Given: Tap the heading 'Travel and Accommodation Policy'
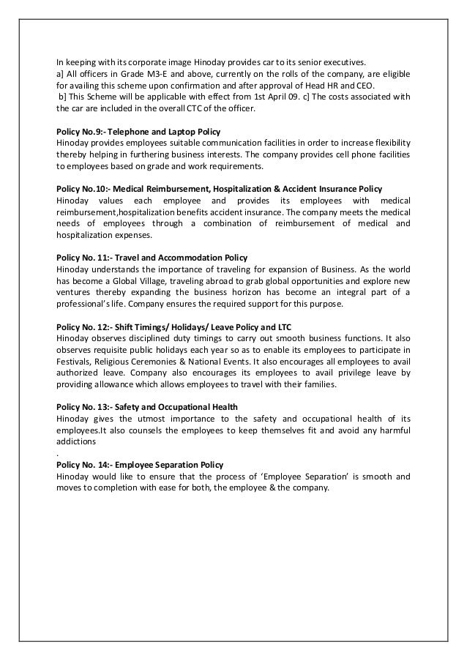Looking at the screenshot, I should (x=152, y=258).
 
